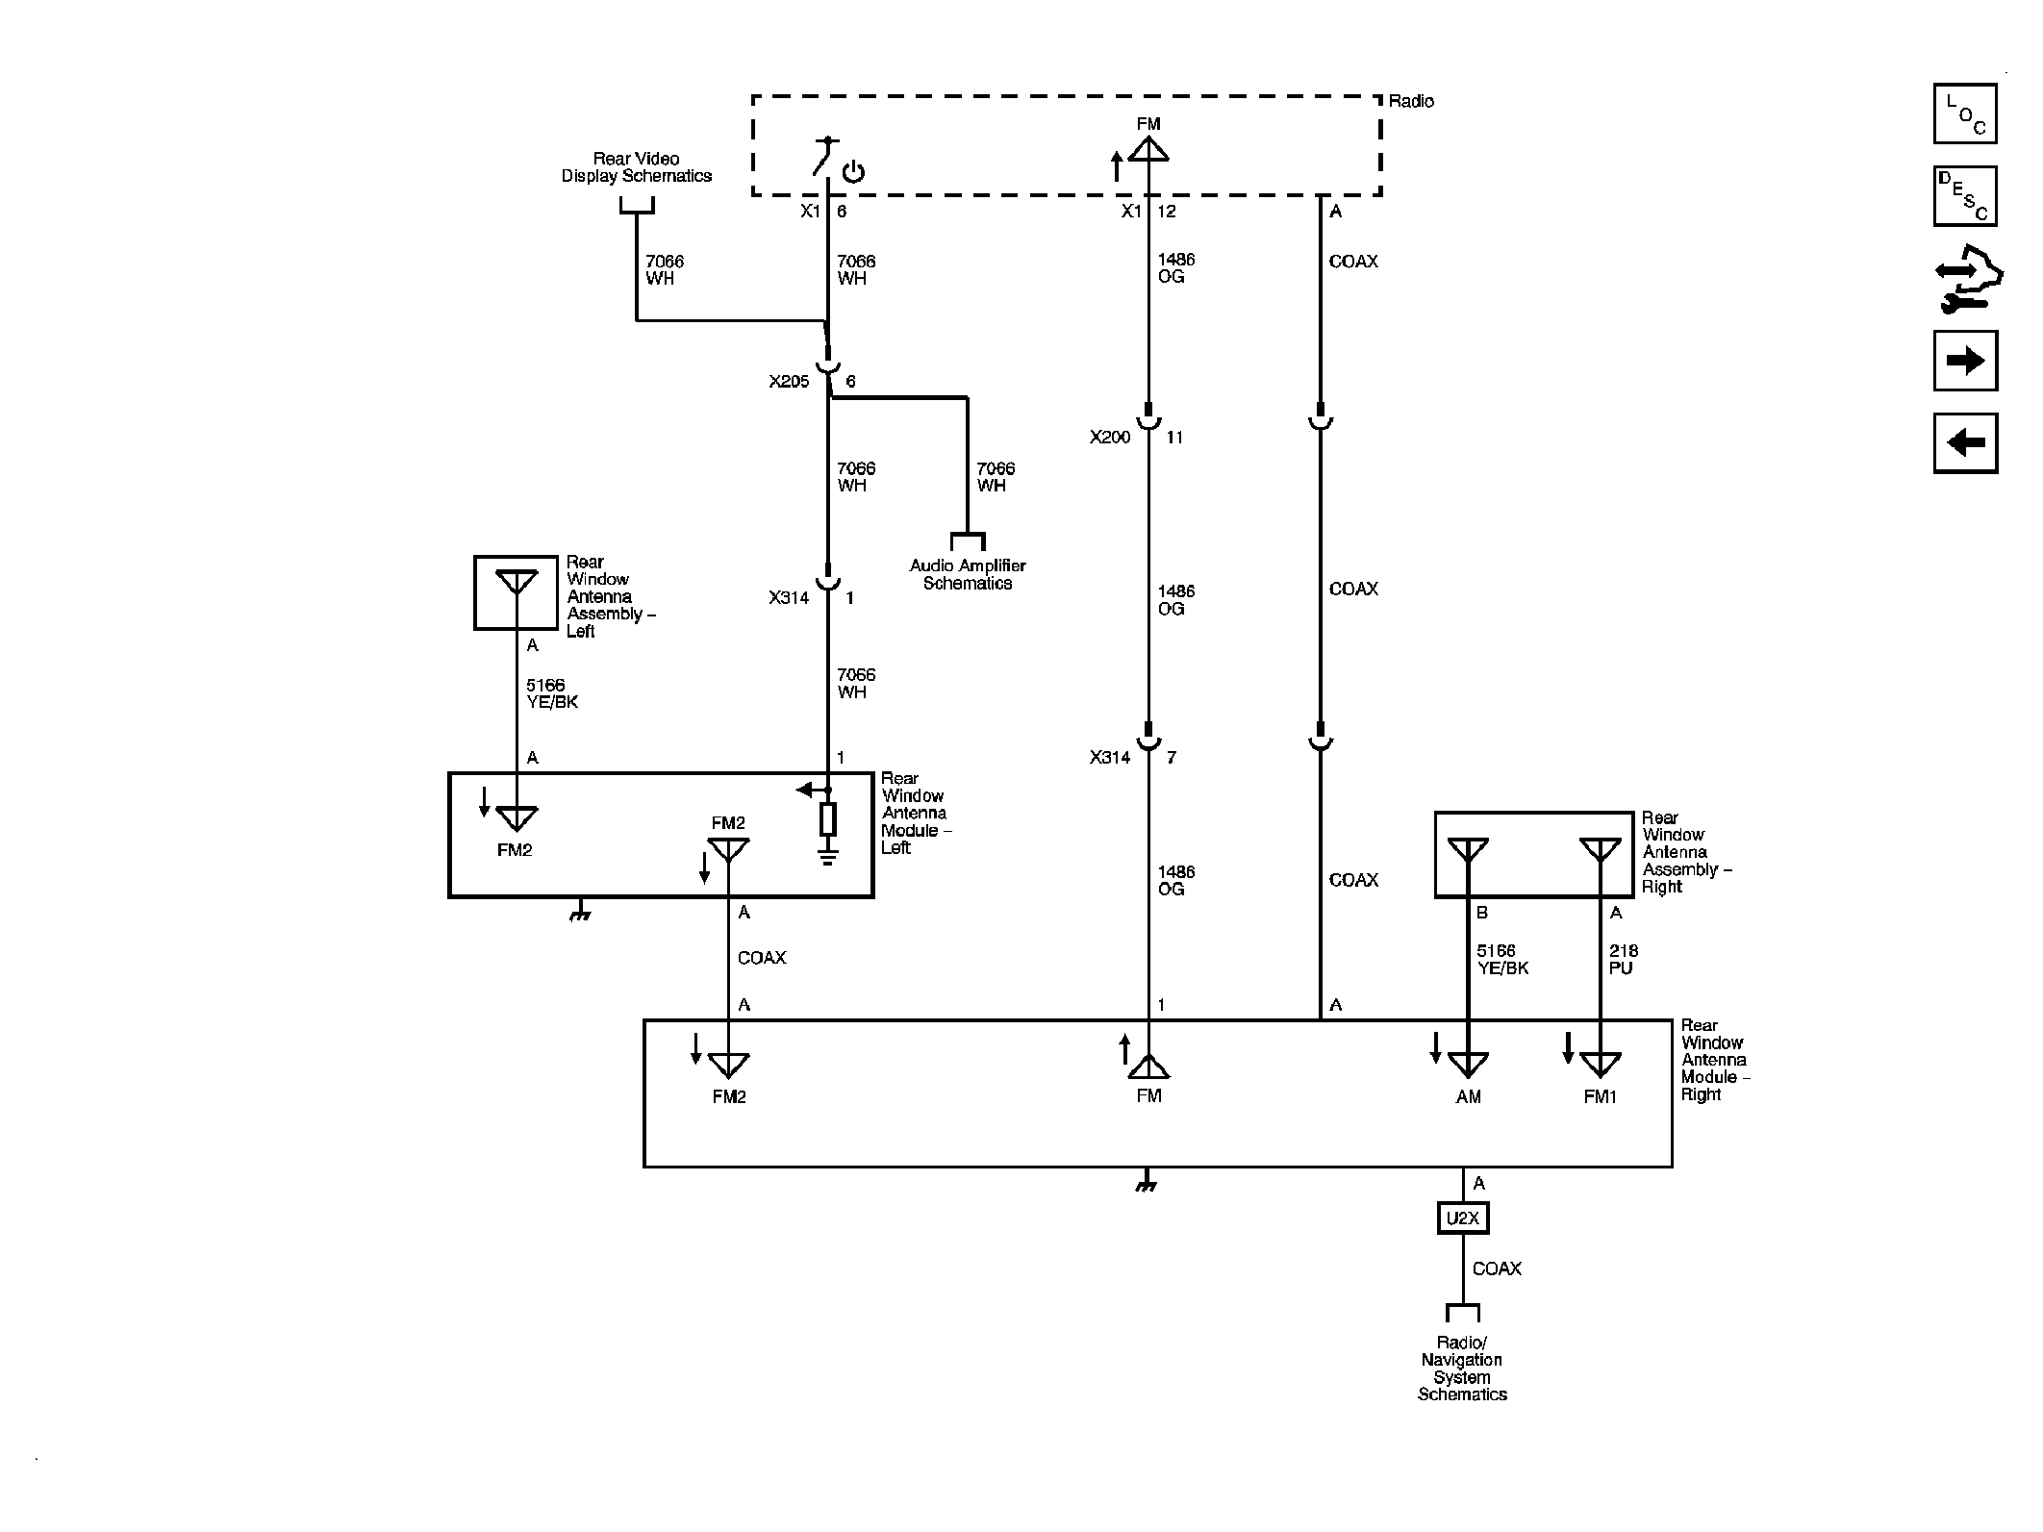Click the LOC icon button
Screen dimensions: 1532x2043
point(1964,113)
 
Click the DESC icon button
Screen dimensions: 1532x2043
point(1964,196)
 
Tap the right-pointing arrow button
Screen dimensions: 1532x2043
point(1964,361)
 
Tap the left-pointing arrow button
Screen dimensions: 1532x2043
point(1964,443)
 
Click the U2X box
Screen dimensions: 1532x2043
point(1462,1218)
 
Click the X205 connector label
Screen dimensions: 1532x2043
point(789,382)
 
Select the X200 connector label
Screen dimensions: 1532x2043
point(1109,438)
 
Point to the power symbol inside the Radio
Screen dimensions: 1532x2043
point(853,173)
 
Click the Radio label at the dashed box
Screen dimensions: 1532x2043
point(1411,102)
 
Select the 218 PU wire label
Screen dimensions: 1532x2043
point(1623,960)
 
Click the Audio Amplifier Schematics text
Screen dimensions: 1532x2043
point(968,574)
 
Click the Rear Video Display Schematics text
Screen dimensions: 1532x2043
point(637,167)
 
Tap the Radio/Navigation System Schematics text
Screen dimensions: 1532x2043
point(1462,1369)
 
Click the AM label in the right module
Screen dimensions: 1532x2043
point(1468,1097)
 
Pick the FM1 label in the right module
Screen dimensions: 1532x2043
point(1600,1097)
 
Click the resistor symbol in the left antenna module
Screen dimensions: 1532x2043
point(827,819)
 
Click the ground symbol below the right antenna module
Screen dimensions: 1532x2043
point(1145,1184)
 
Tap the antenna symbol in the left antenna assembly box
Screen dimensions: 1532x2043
point(516,583)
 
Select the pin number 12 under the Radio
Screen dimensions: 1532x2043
point(1167,212)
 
